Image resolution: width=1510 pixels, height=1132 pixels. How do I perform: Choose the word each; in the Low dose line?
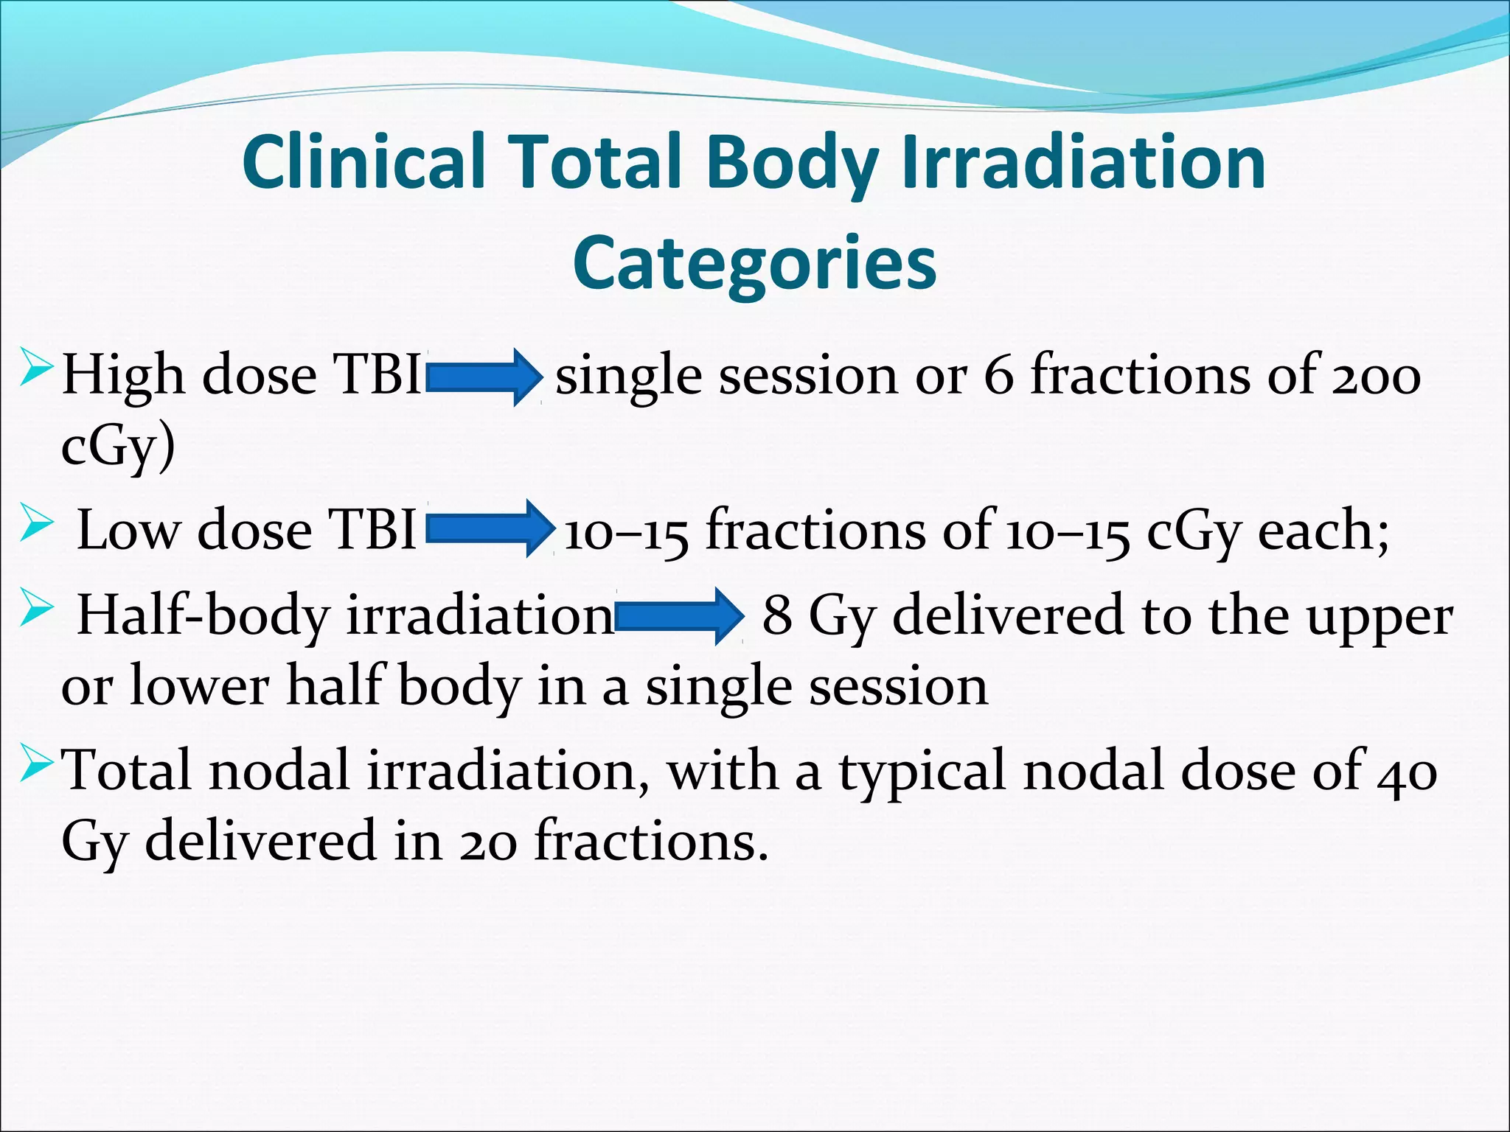pos(1323,530)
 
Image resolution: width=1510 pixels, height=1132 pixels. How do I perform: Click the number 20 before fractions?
pos(483,842)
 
